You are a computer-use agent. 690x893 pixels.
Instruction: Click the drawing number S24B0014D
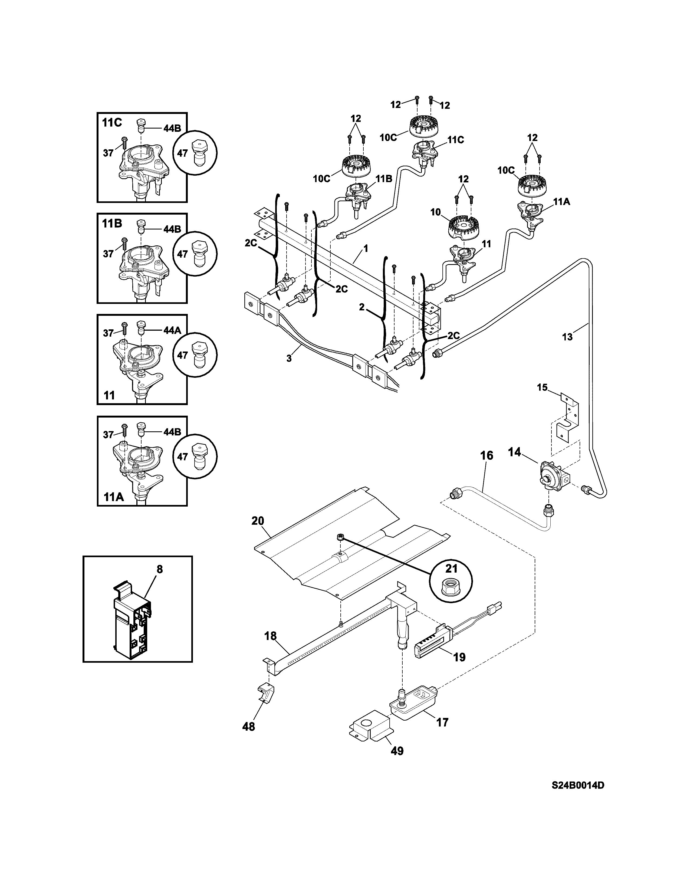pyautogui.click(x=578, y=797)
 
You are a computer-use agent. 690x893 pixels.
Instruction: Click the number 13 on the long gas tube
pyautogui.click(x=567, y=337)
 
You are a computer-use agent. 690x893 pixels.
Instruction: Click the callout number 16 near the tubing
pyautogui.click(x=487, y=455)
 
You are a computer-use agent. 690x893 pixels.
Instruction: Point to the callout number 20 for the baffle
pyautogui.click(x=258, y=521)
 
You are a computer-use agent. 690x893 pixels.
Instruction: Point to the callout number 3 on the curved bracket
pyautogui.click(x=289, y=359)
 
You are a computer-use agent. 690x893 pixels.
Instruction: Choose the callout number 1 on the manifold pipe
pyautogui.click(x=366, y=248)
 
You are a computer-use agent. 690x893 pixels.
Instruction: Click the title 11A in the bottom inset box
pyautogui.click(x=113, y=497)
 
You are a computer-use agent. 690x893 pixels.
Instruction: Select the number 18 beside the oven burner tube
pyautogui.click(x=270, y=636)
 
